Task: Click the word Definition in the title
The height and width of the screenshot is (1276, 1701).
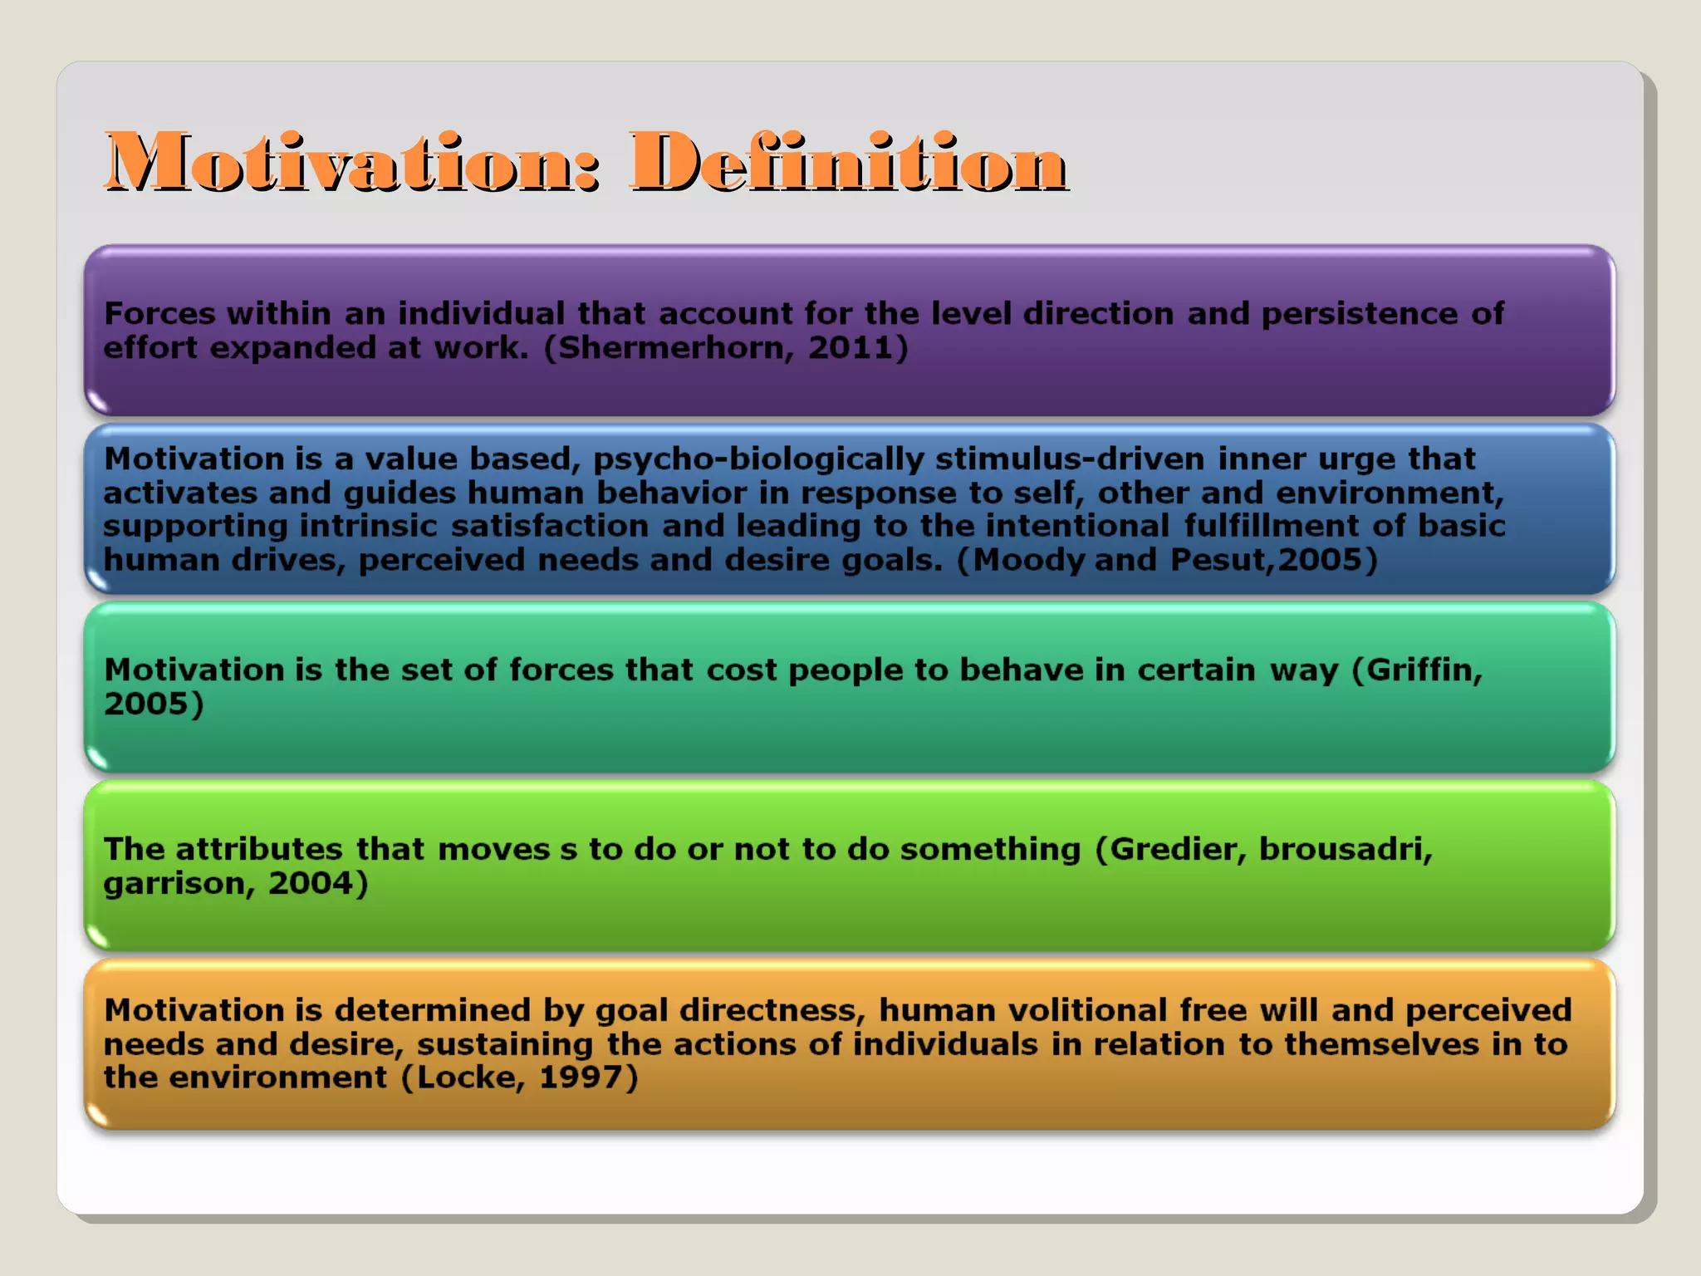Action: coord(848,162)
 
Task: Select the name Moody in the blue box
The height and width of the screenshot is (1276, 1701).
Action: coord(1028,561)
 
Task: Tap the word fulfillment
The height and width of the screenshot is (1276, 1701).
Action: coord(1271,527)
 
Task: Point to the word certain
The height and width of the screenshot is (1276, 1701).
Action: coord(1195,670)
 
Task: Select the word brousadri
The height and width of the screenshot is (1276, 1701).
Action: coord(1345,850)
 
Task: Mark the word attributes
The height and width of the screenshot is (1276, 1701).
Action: coord(259,850)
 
